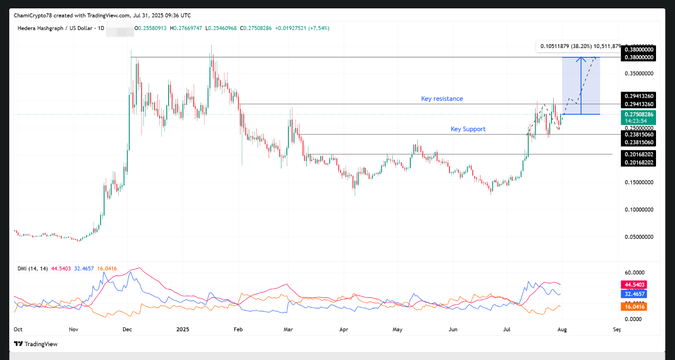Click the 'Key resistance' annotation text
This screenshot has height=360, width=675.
coord(442,99)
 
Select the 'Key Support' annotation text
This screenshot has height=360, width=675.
coord(468,129)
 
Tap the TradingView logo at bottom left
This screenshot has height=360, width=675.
coord(36,344)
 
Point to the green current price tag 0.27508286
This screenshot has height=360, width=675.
coord(638,115)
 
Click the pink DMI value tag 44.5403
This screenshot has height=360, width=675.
coord(634,285)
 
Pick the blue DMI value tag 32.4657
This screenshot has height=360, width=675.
coord(634,294)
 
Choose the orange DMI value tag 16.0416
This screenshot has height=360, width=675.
coord(634,307)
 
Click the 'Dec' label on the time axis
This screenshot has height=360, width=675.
coord(127,330)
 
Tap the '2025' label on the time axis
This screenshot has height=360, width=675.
coord(182,330)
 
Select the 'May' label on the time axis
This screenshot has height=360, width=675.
coord(397,330)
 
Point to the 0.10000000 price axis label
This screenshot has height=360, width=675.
coord(639,210)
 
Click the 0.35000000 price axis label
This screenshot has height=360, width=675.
coord(639,74)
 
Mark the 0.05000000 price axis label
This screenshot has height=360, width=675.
coord(639,237)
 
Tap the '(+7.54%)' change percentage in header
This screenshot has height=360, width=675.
coord(319,28)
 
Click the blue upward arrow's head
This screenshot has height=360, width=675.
coord(581,59)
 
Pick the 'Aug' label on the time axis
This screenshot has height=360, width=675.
coord(562,330)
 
